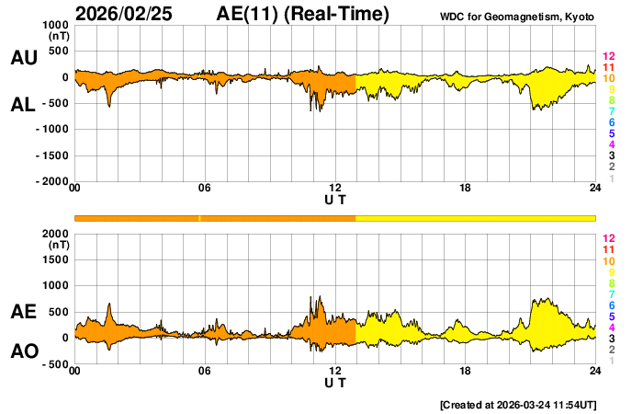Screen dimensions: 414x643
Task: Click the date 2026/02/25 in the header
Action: tap(124, 14)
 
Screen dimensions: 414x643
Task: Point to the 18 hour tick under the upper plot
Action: tap(465, 189)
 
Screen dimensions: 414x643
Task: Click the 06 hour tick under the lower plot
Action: tap(205, 371)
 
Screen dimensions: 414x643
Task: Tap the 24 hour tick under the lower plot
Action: tap(594, 371)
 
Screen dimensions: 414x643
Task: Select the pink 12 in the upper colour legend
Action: tap(608, 57)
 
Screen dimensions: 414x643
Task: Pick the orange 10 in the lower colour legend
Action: tap(608, 261)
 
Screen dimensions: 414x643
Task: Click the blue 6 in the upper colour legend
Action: tap(611, 122)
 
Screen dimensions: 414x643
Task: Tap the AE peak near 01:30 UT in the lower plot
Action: tap(109, 305)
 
